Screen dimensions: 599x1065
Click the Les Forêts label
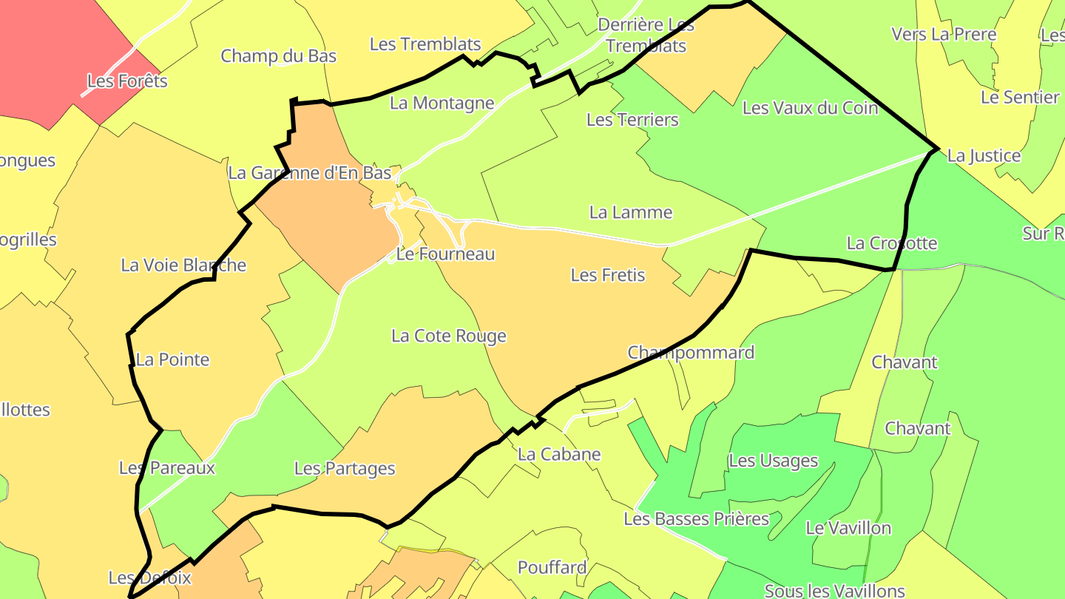pyautogui.click(x=127, y=81)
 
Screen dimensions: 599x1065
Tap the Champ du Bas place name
pyautogui.click(x=279, y=56)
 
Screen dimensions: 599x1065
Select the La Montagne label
pyautogui.click(x=442, y=104)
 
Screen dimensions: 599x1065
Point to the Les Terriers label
pyautogui.click(x=632, y=120)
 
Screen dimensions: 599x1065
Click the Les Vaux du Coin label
pyautogui.click(x=810, y=108)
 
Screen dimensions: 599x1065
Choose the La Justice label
pyautogui.click(x=984, y=156)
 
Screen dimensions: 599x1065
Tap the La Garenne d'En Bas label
pyautogui.click(x=309, y=173)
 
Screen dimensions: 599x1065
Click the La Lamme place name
pyautogui.click(x=631, y=213)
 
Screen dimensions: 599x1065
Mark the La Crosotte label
pyautogui.click(x=892, y=243)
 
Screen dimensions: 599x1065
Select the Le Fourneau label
pyautogui.click(x=445, y=254)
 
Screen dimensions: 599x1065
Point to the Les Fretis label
pyautogui.click(x=608, y=275)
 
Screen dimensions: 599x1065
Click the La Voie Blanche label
pyautogui.click(x=183, y=265)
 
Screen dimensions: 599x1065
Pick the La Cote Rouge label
pyautogui.click(x=449, y=336)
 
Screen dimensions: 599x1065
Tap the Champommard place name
pyautogui.click(x=691, y=353)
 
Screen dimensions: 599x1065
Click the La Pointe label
pyautogui.click(x=173, y=360)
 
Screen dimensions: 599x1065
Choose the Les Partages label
pyautogui.click(x=345, y=469)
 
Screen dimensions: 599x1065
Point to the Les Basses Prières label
pyautogui.click(x=697, y=519)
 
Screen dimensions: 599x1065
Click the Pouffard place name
pyautogui.click(x=552, y=568)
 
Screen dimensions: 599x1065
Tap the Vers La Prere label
pyautogui.click(x=944, y=35)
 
